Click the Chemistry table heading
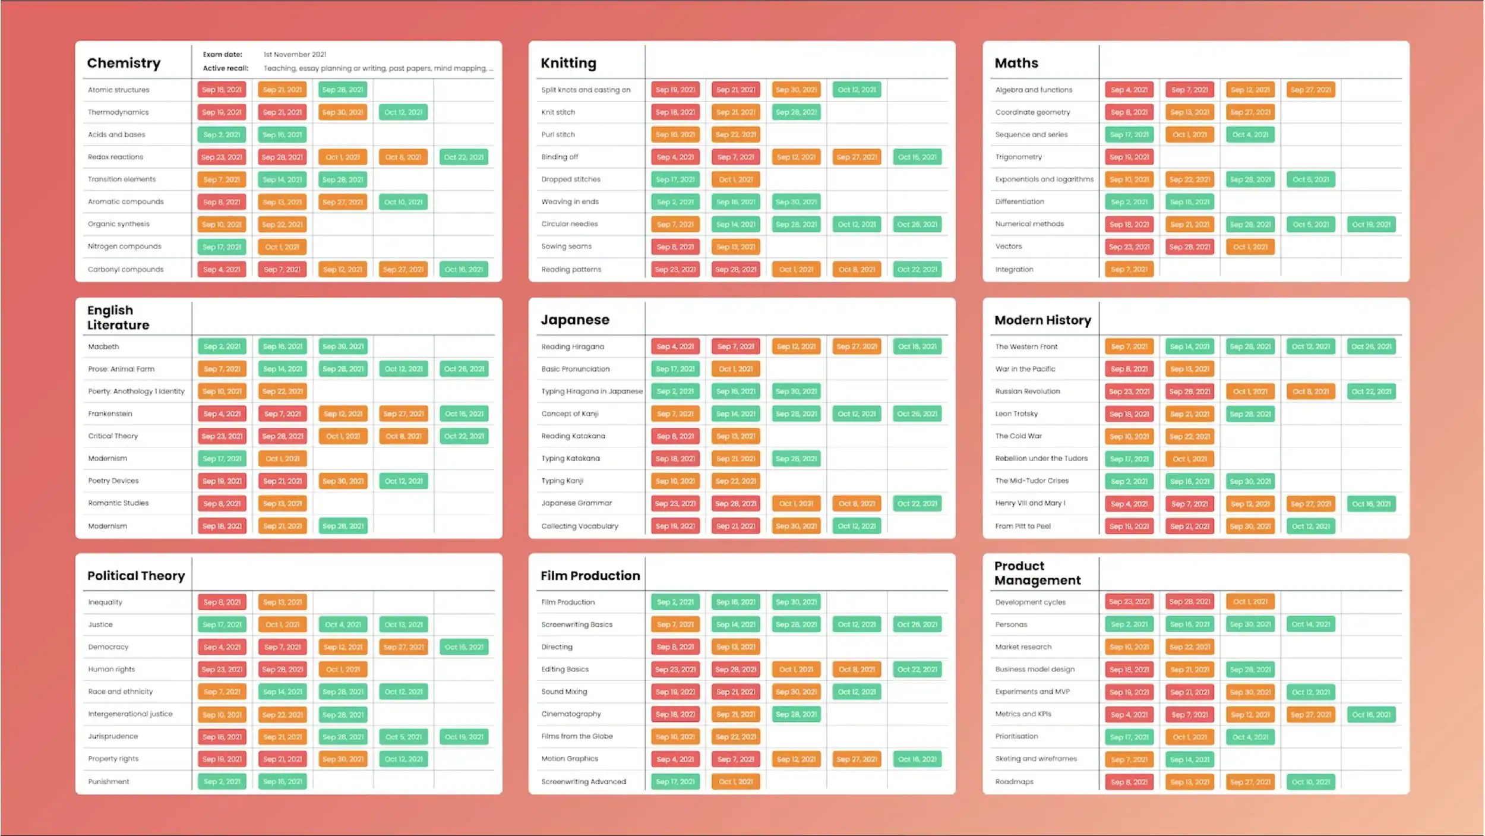tap(124, 63)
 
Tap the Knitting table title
tap(568, 63)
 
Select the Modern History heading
tap(1042, 320)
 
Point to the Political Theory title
tap(136, 575)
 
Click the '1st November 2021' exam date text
tap(295, 54)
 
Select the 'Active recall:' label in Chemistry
tap(225, 68)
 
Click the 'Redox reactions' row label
tap(115, 157)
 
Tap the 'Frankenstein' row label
tap(110, 414)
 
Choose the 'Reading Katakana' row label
tap(573, 436)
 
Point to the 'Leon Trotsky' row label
tap(1016, 414)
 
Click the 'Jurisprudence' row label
tap(113, 736)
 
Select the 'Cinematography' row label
tap(571, 714)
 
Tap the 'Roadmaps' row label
tap(1014, 781)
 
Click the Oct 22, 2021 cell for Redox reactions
tap(463, 157)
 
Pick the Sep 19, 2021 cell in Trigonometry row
tap(1129, 157)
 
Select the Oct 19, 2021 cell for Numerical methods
tap(1371, 225)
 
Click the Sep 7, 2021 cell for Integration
tap(1129, 269)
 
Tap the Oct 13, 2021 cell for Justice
tap(403, 624)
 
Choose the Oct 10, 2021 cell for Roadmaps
tap(1310, 782)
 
